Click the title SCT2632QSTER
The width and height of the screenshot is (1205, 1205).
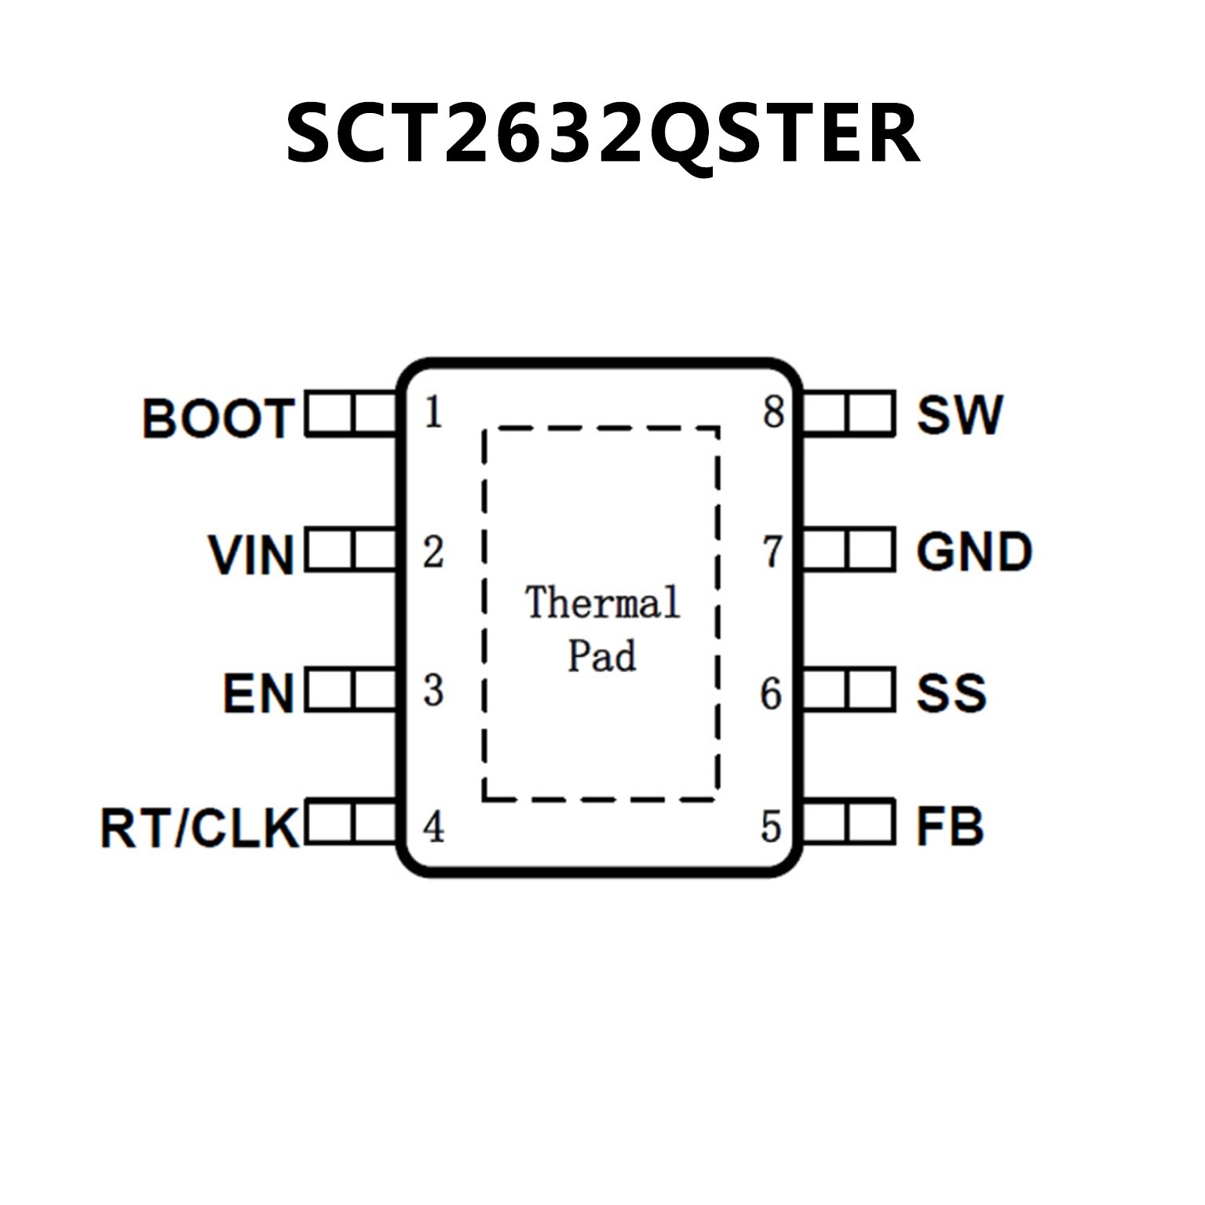tap(602, 133)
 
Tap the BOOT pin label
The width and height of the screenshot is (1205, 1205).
tap(218, 418)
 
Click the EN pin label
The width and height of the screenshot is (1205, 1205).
tap(258, 693)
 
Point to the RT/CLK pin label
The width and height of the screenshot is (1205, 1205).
tap(199, 827)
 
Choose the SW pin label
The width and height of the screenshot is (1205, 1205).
tap(959, 414)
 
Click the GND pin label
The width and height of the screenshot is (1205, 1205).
tap(973, 552)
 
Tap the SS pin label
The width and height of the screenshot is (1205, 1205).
tap(951, 692)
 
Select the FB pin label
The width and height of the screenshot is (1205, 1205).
tap(950, 827)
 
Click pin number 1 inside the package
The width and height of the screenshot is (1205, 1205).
tap(433, 412)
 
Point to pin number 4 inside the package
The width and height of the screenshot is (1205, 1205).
tap(433, 827)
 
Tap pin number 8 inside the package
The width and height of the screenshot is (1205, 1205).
tap(773, 412)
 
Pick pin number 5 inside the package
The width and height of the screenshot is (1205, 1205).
tap(771, 827)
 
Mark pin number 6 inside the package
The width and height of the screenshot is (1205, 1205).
tap(771, 693)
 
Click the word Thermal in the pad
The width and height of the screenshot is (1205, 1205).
tap(602, 603)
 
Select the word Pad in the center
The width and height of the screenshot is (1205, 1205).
tap(601, 656)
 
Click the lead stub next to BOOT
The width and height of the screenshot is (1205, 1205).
tap(351, 413)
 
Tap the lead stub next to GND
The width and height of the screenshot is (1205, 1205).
tap(849, 550)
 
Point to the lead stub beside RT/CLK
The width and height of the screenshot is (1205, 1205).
tap(351, 822)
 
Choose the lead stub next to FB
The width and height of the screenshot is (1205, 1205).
tap(849, 822)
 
